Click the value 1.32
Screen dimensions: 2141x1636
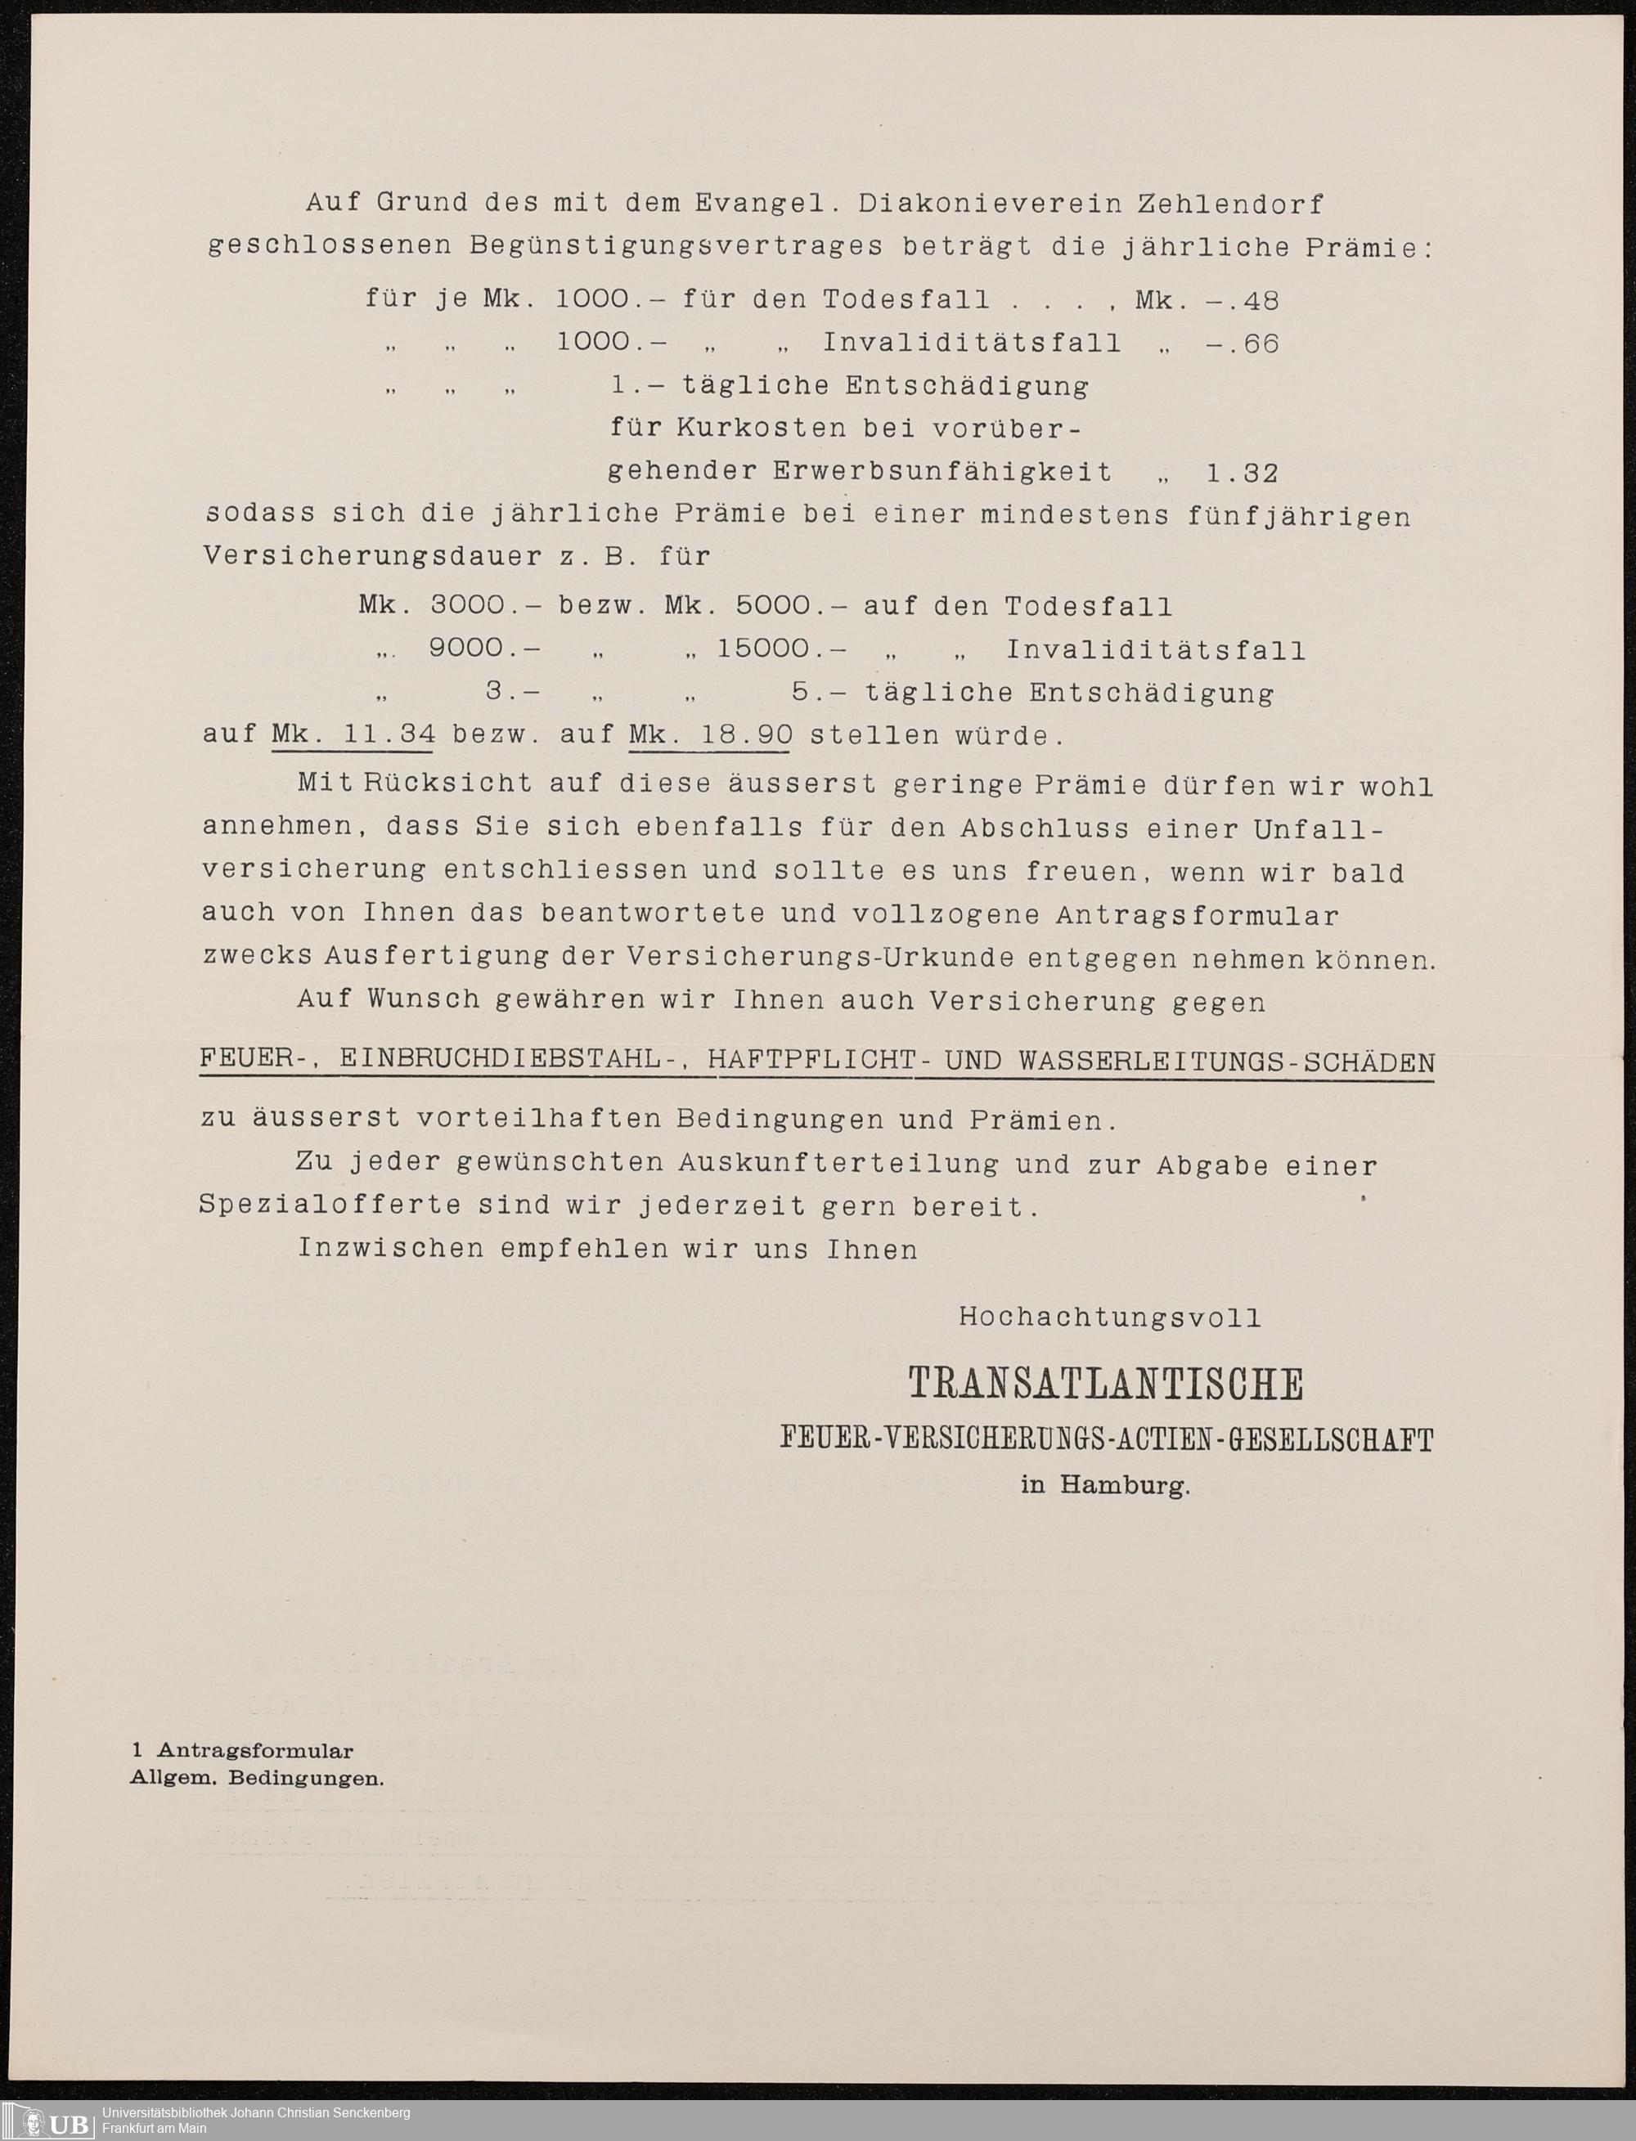[x=1242, y=474]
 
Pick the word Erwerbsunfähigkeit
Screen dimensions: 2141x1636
[x=942, y=472]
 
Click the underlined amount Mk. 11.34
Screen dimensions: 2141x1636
[x=353, y=735]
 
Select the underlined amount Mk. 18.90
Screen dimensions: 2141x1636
[x=710, y=735]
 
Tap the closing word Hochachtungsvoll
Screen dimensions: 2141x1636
[x=1110, y=1318]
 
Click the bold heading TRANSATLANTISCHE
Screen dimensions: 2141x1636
[x=1105, y=1384]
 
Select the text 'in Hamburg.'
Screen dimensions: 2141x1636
[x=1105, y=1487]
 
